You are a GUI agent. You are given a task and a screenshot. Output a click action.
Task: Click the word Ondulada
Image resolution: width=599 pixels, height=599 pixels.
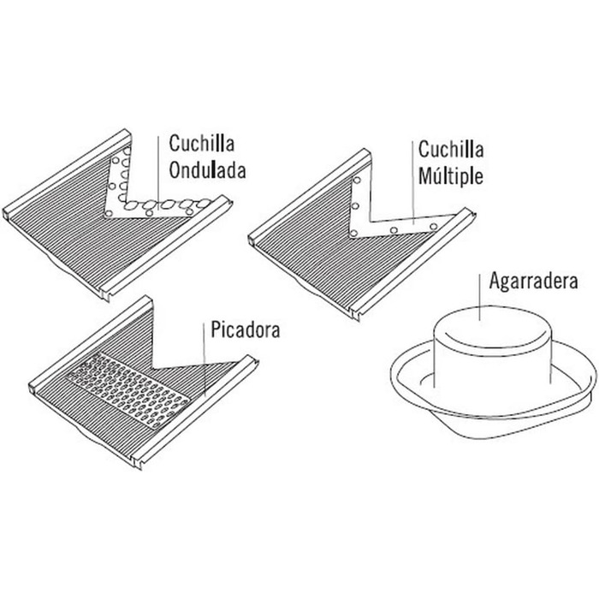[207, 170]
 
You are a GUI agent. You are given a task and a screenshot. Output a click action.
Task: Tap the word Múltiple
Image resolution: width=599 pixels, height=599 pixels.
[451, 176]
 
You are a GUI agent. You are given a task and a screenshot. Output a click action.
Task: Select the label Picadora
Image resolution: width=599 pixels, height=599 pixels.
[246, 329]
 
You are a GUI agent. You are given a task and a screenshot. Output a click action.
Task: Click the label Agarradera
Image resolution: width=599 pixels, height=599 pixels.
[533, 282]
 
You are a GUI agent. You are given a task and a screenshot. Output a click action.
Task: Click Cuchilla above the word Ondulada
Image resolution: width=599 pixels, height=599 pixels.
[201, 143]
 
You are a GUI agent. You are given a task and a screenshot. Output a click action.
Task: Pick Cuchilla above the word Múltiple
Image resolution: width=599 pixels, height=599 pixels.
[451, 149]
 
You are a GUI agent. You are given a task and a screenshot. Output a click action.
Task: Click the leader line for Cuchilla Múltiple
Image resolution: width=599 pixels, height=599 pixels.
[412, 182]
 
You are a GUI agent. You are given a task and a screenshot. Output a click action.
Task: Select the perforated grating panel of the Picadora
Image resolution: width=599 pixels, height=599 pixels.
[128, 389]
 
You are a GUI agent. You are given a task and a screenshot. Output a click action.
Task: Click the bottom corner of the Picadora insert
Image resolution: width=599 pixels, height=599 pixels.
[139, 467]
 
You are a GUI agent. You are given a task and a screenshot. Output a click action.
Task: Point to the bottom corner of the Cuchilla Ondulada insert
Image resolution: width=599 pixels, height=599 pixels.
[107, 299]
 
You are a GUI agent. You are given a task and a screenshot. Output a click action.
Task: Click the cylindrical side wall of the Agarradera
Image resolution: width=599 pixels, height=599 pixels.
[493, 372]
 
